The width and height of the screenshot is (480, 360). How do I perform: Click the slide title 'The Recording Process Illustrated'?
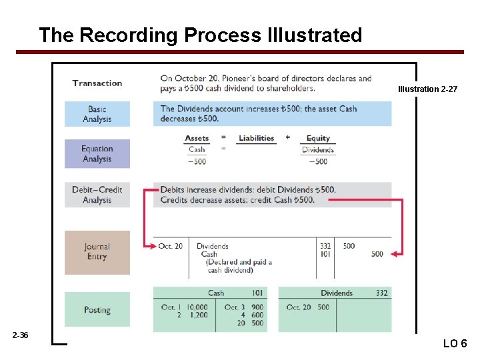[x=200, y=35]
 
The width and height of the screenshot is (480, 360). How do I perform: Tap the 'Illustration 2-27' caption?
[x=427, y=89]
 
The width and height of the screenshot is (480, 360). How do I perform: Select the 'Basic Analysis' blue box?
[x=97, y=114]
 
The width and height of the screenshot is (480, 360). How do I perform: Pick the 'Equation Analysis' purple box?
[x=97, y=154]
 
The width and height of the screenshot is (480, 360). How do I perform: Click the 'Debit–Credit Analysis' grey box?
[x=97, y=195]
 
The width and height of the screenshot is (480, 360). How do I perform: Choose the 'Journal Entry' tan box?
[x=97, y=252]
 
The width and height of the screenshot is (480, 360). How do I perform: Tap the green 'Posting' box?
[x=97, y=310]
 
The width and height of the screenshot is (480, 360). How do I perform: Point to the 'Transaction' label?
[x=97, y=83]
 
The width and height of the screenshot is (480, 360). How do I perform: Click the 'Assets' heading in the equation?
[x=197, y=139]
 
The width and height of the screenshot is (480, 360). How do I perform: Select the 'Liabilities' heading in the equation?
[x=257, y=139]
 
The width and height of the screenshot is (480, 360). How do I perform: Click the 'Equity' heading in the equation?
[x=318, y=139]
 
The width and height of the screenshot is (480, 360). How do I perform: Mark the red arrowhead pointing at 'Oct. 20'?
[x=151, y=246]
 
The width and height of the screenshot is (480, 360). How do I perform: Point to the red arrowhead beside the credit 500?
[x=396, y=254]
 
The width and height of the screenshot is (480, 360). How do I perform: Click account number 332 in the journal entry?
[x=325, y=246]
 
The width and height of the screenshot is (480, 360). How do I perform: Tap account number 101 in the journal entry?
[x=325, y=254]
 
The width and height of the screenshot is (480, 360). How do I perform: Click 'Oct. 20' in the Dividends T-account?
[x=298, y=307]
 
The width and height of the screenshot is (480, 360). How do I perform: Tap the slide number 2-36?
[x=20, y=335]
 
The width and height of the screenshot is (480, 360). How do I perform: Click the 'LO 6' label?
[x=455, y=343]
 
